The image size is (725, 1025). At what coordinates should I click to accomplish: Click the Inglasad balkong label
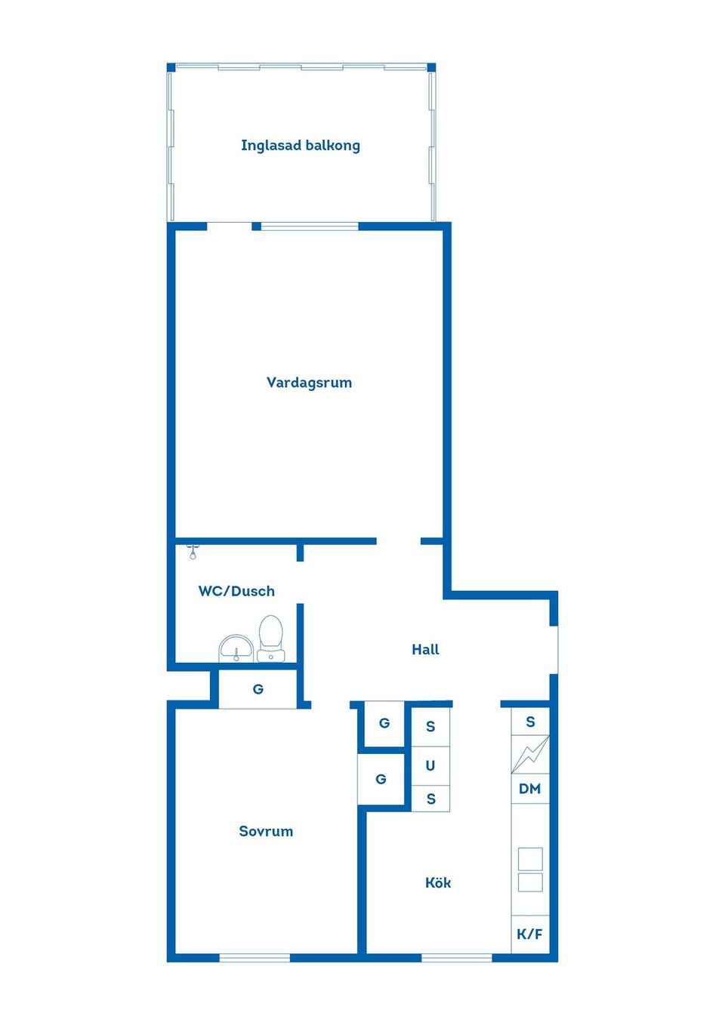click(x=301, y=146)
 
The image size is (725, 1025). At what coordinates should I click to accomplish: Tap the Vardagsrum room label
click(x=309, y=383)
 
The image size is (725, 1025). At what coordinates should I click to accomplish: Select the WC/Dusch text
click(x=236, y=592)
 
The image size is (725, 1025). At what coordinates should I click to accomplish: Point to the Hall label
click(x=425, y=650)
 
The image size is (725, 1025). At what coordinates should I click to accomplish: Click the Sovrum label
click(x=266, y=832)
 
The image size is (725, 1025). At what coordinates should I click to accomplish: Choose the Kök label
click(x=438, y=883)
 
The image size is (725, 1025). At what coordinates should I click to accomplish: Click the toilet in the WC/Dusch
click(x=270, y=638)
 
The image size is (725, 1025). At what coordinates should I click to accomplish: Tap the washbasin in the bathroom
click(x=236, y=648)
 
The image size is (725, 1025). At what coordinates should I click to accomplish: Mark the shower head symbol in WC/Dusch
click(x=193, y=551)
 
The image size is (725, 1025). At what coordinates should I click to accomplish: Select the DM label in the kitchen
click(x=530, y=789)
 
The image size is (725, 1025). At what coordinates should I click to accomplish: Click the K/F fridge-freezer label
click(x=530, y=934)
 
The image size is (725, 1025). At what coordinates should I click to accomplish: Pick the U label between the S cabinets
click(x=430, y=766)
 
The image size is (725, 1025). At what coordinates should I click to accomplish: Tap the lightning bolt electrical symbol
click(x=530, y=754)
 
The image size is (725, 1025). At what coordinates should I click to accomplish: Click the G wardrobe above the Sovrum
click(x=258, y=689)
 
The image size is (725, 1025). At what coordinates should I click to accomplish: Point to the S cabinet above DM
click(x=530, y=722)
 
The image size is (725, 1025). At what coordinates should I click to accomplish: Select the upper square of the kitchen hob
click(x=530, y=859)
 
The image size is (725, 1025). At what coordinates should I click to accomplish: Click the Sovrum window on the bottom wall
click(x=255, y=958)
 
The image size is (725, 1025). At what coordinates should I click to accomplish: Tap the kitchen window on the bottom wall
click(x=456, y=958)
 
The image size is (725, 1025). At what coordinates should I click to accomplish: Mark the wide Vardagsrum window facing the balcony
click(x=309, y=226)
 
